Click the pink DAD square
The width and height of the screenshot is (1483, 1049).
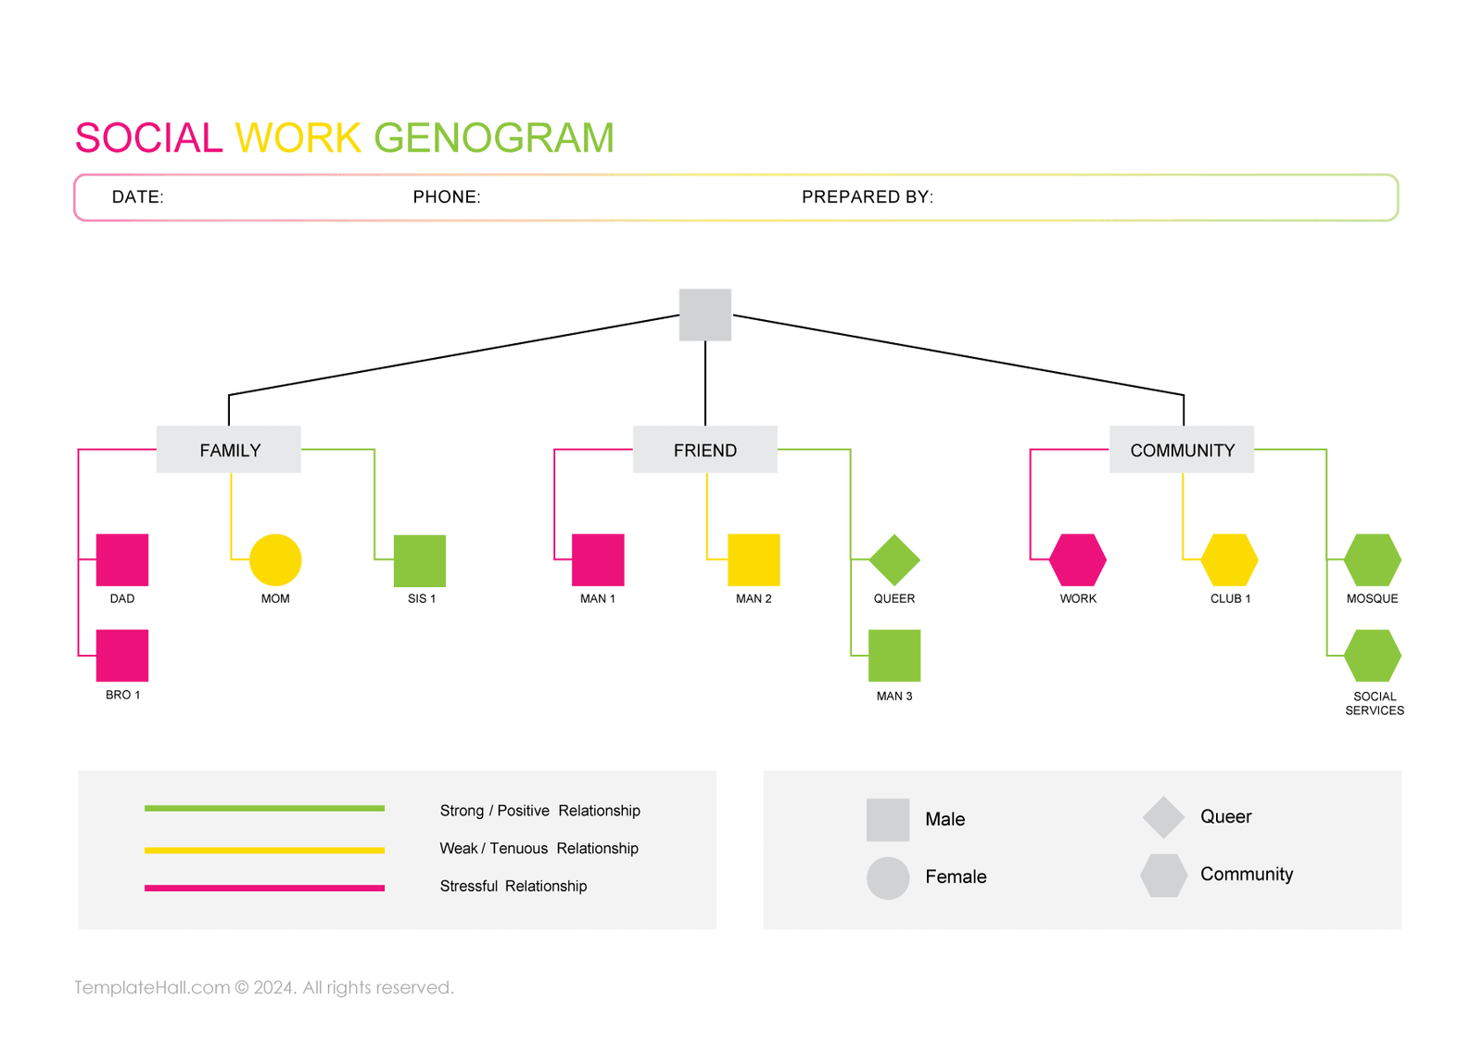(122, 559)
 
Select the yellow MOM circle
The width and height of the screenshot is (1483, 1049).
(275, 559)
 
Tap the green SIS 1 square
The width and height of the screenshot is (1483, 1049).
(420, 560)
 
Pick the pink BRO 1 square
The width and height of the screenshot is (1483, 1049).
(122, 655)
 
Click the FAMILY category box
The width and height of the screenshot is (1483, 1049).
(229, 450)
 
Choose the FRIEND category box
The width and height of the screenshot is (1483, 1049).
(705, 450)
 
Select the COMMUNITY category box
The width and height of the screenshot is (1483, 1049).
(1182, 450)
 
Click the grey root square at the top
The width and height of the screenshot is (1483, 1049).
(705, 314)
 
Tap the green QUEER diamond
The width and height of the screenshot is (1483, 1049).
(894, 559)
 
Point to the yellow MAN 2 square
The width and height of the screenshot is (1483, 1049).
(754, 559)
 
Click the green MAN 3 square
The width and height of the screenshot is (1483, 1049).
(894, 655)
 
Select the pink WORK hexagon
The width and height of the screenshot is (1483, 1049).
(1078, 559)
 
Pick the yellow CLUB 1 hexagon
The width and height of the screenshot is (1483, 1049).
(1230, 559)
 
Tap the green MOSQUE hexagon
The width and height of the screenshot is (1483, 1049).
(1373, 559)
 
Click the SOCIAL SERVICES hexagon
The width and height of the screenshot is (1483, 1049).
(1373, 655)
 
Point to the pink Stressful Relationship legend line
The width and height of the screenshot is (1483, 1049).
(264, 888)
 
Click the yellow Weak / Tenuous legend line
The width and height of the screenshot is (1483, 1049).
(264, 850)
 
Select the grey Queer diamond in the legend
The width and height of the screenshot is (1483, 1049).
(1163, 817)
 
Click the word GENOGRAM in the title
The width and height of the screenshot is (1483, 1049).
(494, 138)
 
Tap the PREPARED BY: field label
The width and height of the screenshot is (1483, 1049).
(867, 197)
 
